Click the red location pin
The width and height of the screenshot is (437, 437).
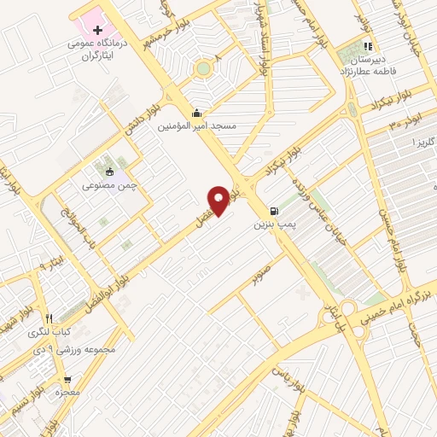point(219,200)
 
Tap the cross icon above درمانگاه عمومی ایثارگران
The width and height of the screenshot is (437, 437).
point(96,32)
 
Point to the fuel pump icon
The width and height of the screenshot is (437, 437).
point(272,212)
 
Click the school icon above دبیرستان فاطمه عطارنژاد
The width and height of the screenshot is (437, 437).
point(368,47)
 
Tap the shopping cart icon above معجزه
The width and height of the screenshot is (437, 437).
point(67,380)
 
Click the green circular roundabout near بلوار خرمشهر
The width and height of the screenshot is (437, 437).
point(203,68)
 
